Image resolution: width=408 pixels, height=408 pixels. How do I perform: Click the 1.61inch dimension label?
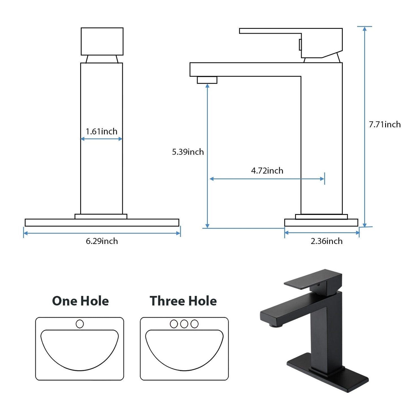coord(101,132)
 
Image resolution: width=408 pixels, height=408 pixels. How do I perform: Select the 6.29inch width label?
coord(102,241)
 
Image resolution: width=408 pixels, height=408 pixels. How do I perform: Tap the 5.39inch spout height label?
coord(188,152)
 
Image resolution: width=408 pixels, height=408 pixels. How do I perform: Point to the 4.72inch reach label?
coord(267,171)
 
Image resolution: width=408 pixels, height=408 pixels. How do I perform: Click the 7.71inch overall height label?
coord(385,125)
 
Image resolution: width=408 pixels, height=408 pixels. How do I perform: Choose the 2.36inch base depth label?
coord(326,241)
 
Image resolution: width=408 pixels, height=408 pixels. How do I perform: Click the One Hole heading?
coord(80,301)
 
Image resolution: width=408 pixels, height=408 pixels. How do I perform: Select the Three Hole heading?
coord(183,301)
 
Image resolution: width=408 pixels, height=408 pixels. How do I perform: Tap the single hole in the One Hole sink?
coord(80,324)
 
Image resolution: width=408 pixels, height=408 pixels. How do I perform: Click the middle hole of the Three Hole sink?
coord(184,324)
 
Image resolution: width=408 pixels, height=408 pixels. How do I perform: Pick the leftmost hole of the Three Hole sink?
coord(174,324)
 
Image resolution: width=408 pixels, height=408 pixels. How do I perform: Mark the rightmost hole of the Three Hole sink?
coord(195,324)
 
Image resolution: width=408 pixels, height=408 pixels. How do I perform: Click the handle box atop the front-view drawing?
coord(102,41)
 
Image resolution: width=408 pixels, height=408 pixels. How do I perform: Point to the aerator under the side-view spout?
coord(207,80)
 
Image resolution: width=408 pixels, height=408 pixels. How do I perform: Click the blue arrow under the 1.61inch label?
coord(101,139)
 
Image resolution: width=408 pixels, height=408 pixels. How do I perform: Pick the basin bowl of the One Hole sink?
coord(80,349)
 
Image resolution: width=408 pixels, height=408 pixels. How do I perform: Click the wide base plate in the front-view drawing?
coord(102,222)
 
